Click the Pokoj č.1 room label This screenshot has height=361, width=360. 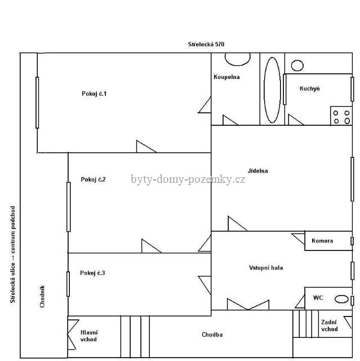pos(94,94)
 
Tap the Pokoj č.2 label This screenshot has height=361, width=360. pos(93,179)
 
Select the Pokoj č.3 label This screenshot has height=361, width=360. pos(92,273)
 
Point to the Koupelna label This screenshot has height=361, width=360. pos(226,77)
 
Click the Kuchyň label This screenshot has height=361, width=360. pos(310,89)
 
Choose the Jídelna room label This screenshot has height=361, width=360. pos(257,171)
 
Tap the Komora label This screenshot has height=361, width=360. pos(322,241)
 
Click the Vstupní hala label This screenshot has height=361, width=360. pos(266,267)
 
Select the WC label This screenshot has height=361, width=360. pos(318,297)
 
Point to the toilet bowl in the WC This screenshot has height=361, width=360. pos(341,299)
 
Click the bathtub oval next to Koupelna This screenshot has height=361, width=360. pos(272,90)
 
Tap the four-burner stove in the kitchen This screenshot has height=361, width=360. pos(341,116)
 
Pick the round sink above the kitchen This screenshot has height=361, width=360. pos(297,65)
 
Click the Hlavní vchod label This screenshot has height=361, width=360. pos(89,336)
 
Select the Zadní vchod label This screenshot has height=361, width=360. pos(330,325)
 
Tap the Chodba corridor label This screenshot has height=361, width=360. pos(212,334)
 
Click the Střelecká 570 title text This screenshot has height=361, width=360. pos(206,44)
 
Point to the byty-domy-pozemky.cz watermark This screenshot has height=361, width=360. pos(188,179)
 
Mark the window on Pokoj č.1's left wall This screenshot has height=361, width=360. pos(37,103)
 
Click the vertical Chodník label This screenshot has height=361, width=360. pos(42,296)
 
